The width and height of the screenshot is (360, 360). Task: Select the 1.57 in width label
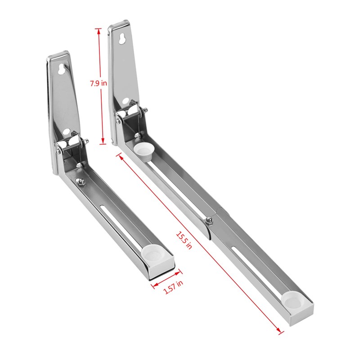173,287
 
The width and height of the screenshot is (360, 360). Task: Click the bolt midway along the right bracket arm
210,220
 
